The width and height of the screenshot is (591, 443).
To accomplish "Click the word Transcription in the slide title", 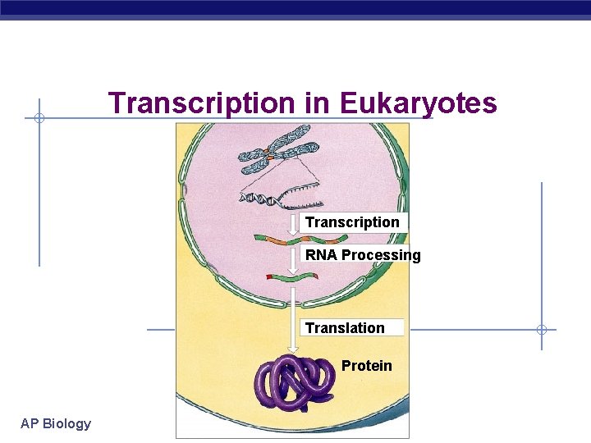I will tap(201, 103).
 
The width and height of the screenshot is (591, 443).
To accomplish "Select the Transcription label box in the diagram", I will tap(353, 222).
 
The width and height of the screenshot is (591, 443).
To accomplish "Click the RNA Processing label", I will tap(362, 255).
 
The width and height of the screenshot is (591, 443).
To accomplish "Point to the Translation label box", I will tap(353, 328).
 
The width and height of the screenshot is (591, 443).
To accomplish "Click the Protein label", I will tap(366, 366).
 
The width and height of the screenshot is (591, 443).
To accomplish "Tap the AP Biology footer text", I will tap(56, 423).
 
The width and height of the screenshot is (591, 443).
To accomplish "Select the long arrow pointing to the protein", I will tap(293, 320).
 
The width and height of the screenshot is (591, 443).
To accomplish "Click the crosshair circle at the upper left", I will tap(39, 119).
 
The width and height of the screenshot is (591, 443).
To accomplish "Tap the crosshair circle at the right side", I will tap(542, 330).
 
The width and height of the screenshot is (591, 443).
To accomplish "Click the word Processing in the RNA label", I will tap(381, 255).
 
